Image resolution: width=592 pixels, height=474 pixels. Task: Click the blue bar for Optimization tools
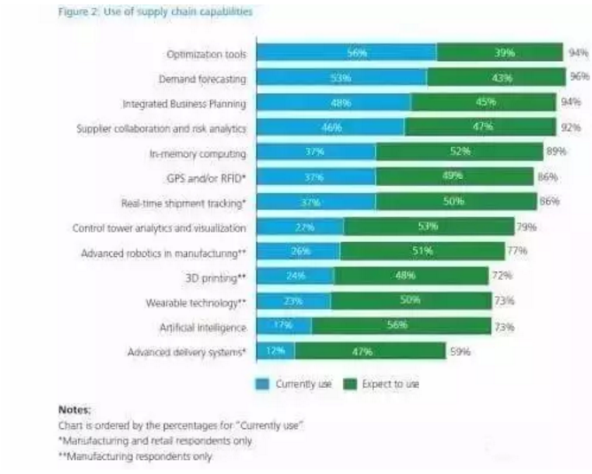coord(346,53)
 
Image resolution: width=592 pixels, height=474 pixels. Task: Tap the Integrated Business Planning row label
coord(184,104)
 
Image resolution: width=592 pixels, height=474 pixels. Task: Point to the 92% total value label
coord(571,128)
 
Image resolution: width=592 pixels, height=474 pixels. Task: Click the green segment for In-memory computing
coord(459,152)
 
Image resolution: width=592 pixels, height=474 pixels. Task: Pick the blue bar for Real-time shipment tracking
coord(315,202)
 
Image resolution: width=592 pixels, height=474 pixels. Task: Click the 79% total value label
coord(527,228)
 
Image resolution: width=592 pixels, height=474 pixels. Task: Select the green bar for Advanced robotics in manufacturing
coord(421,252)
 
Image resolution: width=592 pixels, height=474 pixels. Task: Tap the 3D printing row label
coord(216,277)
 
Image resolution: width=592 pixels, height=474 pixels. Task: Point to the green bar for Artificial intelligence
coord(401,326)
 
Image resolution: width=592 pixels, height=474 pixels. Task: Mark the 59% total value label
coord(460,352)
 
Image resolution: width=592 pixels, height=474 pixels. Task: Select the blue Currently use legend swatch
coord(262,384)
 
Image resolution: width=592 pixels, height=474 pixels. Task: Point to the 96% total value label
coord(580,78)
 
